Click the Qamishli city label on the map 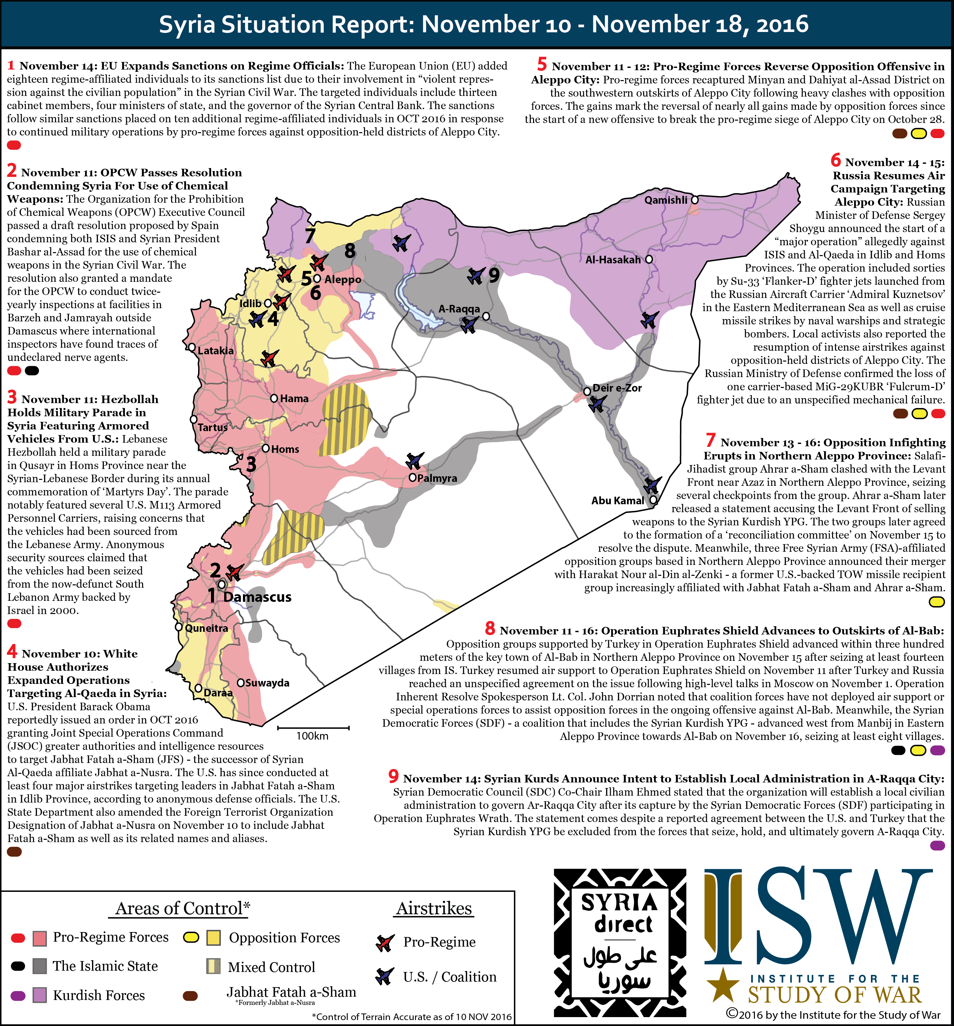click(x=666, y=200)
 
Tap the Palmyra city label click(x=437, y=478)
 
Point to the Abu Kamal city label click(x=617, y=500)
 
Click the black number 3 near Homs click(x=251, y=464)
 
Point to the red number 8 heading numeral click(x=490, y=629)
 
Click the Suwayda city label click(x=267, y=683)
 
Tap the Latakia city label click(x=215, y=350)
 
